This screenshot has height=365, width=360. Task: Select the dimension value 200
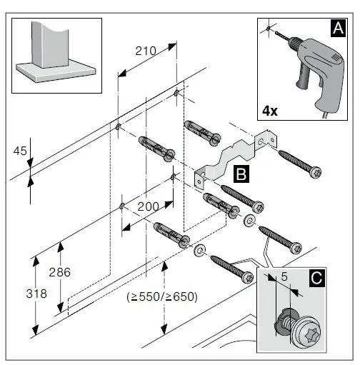coord(148,206)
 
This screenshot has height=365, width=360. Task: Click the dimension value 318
coord(21,294)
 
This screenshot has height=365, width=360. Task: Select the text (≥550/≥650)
coord(161,296)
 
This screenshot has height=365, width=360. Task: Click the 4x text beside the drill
coord(272,111)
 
